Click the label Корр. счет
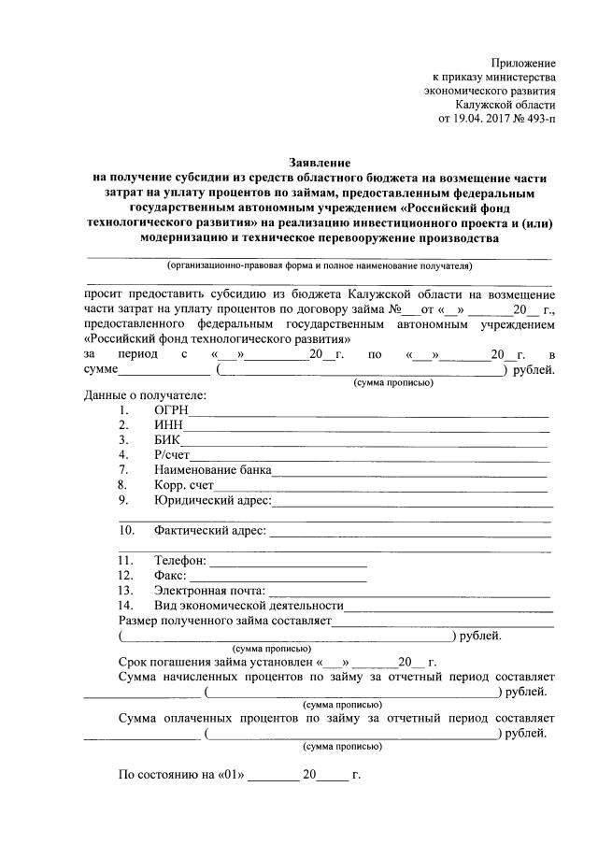pos(184,485)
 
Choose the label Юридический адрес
pos(212,500)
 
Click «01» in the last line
pos(228,776)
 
